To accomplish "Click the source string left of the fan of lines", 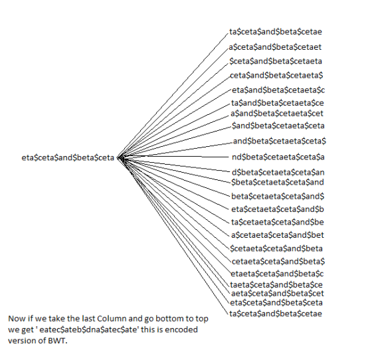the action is coord(68,157).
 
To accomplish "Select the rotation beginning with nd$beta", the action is coord(278,157).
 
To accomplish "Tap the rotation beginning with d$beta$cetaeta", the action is coord(278,172).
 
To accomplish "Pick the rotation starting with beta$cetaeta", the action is coord(278,197).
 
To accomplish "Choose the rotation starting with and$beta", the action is coord(280,141).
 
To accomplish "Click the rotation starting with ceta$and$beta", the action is coord(276,76).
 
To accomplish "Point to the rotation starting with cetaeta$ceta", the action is coord(278,261).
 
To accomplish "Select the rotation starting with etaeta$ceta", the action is coord(277,274).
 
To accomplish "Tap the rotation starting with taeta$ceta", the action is coord(276,284).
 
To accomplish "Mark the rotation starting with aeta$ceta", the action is coord(278,294).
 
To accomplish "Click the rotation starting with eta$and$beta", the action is coord(278,90).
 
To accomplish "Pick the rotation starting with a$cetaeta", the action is coord(278,235).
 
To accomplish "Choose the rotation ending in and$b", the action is coord(278,209).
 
